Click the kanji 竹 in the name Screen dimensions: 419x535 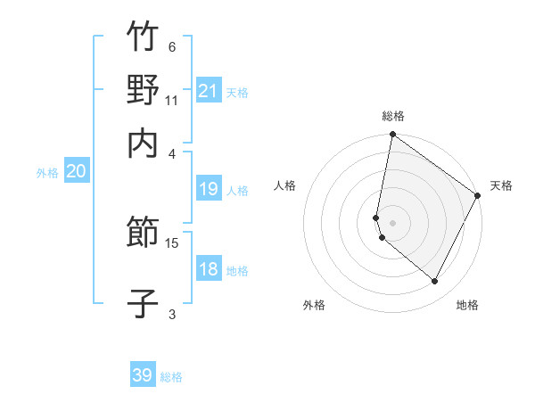[143, 37]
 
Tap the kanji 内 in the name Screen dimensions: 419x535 [143, 143]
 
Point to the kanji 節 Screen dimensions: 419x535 [143, 234]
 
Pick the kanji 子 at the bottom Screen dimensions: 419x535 [143, 303]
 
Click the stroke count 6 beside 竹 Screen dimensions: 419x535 [172, 46]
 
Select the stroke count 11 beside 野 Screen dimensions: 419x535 [172, 100]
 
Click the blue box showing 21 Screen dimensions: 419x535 [209, 90]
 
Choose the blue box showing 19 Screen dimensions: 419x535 [209, 188]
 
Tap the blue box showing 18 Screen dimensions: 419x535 [209, 269]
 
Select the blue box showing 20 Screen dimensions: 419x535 [76, 172]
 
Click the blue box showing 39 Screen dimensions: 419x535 [143, 375]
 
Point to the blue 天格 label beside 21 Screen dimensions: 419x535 [237, 92]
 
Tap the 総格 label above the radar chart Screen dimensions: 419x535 [393, 117]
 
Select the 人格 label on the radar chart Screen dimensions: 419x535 [285, 185]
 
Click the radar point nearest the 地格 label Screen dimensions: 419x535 [435, 282]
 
